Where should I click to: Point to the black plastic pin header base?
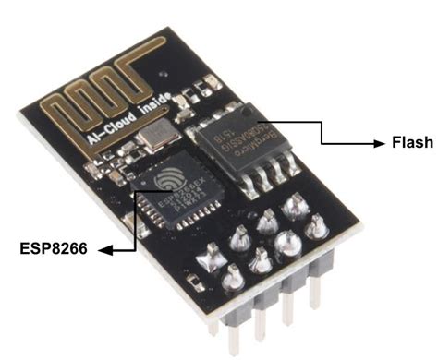(x=268, y=277)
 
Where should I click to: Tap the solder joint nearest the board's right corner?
(x=317, y=223)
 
